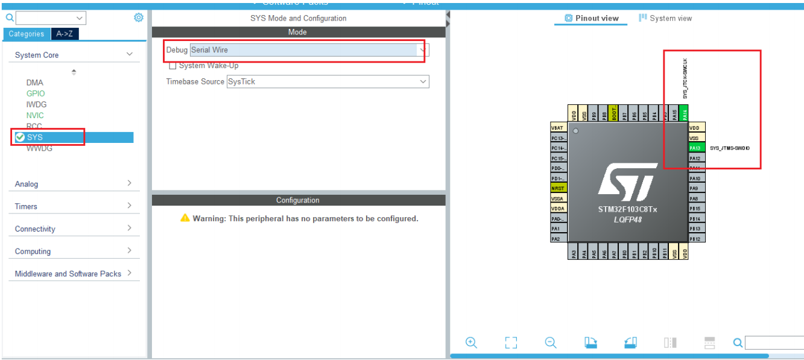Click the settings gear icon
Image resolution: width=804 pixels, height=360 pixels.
click(139, 17)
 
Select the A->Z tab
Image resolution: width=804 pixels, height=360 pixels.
click(65, 34)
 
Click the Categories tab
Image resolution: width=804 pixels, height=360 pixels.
click(26, 34)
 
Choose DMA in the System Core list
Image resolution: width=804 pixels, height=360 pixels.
click(34, 83)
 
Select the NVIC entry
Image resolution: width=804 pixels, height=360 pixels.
click(35, 115)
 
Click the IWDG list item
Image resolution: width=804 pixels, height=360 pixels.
click(36, 104)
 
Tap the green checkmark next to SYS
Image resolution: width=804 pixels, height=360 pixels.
click(20, 137)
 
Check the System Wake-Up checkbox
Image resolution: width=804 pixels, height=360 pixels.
click(173, 66)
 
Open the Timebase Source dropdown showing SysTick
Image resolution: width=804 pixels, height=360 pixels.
click(328, 81)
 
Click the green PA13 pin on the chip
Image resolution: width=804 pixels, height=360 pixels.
click(695, 148)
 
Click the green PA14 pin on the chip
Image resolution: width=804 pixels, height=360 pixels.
click(684, 113)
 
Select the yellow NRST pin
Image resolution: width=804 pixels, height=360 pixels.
click(558, 188)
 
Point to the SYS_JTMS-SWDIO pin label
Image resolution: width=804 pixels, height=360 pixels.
click(730, 148)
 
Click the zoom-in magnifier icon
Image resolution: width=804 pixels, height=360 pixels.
click(471, 343)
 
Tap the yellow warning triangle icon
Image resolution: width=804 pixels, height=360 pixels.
click(185, 218)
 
